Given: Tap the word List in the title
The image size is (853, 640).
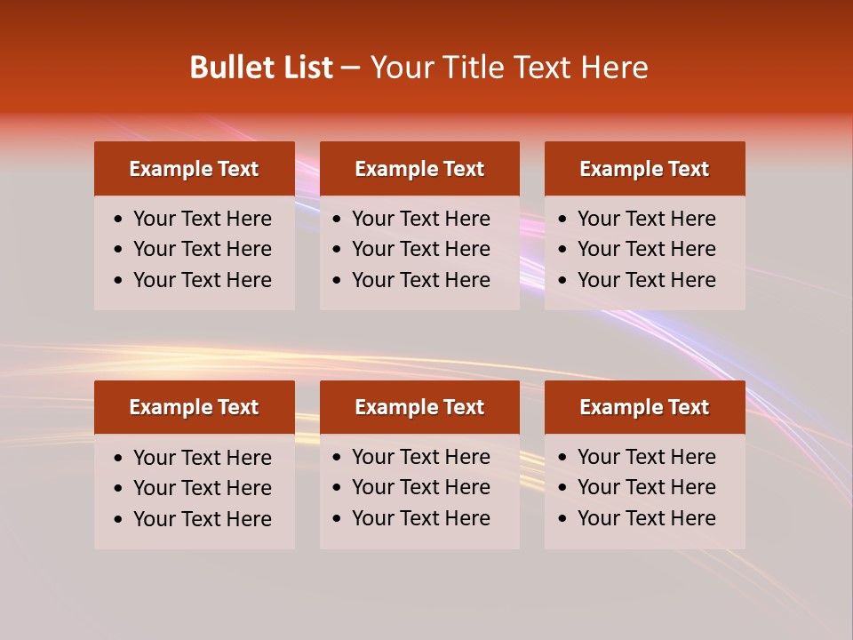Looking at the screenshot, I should pyautogui.click(x=303, y=68).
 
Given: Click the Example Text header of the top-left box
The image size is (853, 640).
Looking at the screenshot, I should pyautogui.click(x=194, y=169).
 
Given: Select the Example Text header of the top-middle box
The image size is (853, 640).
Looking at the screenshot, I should pyautogui.click(x=419, y=169).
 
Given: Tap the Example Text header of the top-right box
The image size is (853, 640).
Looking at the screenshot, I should pyautogui.click(x=644, y=169).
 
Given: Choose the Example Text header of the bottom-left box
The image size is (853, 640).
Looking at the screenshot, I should pyautogui.click(x=194, y=407).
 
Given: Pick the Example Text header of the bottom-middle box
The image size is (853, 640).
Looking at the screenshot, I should pyautogui.click(x=419, y=407).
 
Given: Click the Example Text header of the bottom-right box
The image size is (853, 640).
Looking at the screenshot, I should pyautogui.click(x=644, y=407).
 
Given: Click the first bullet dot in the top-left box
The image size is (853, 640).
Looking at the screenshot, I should pyautogui.click(x=119, y=220).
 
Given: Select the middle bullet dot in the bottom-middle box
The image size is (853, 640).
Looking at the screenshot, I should pyautogui.click(x=338, y=488).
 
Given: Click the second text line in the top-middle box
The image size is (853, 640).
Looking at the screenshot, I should pyautogui.click(x=421, y=249).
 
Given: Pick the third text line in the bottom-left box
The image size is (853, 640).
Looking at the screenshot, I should pyautogui.click(x=203, y=519).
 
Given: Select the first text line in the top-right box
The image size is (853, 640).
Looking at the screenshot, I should pyautogui.click(x=647, y=219).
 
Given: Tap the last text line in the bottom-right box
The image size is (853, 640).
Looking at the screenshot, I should pyautogui.click(x=647, y=518).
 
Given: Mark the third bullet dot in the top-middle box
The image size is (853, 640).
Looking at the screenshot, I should pyautogui.click(x=338, y=281).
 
